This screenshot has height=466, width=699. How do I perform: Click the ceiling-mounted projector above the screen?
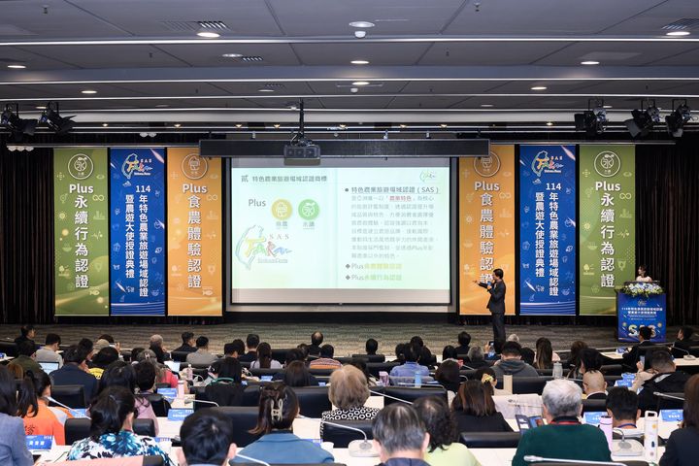301,151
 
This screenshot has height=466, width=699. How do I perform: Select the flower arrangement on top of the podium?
642,288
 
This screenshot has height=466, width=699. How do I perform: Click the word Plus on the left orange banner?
194,187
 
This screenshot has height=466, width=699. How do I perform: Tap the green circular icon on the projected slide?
308,209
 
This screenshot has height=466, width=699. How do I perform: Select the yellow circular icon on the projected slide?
282,209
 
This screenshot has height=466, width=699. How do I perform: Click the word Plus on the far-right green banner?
607,185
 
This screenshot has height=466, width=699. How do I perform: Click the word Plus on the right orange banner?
486,185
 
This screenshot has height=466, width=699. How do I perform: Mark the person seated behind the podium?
642,274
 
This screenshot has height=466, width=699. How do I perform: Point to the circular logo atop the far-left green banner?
81,164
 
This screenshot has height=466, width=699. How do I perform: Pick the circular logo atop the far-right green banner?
607,163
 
